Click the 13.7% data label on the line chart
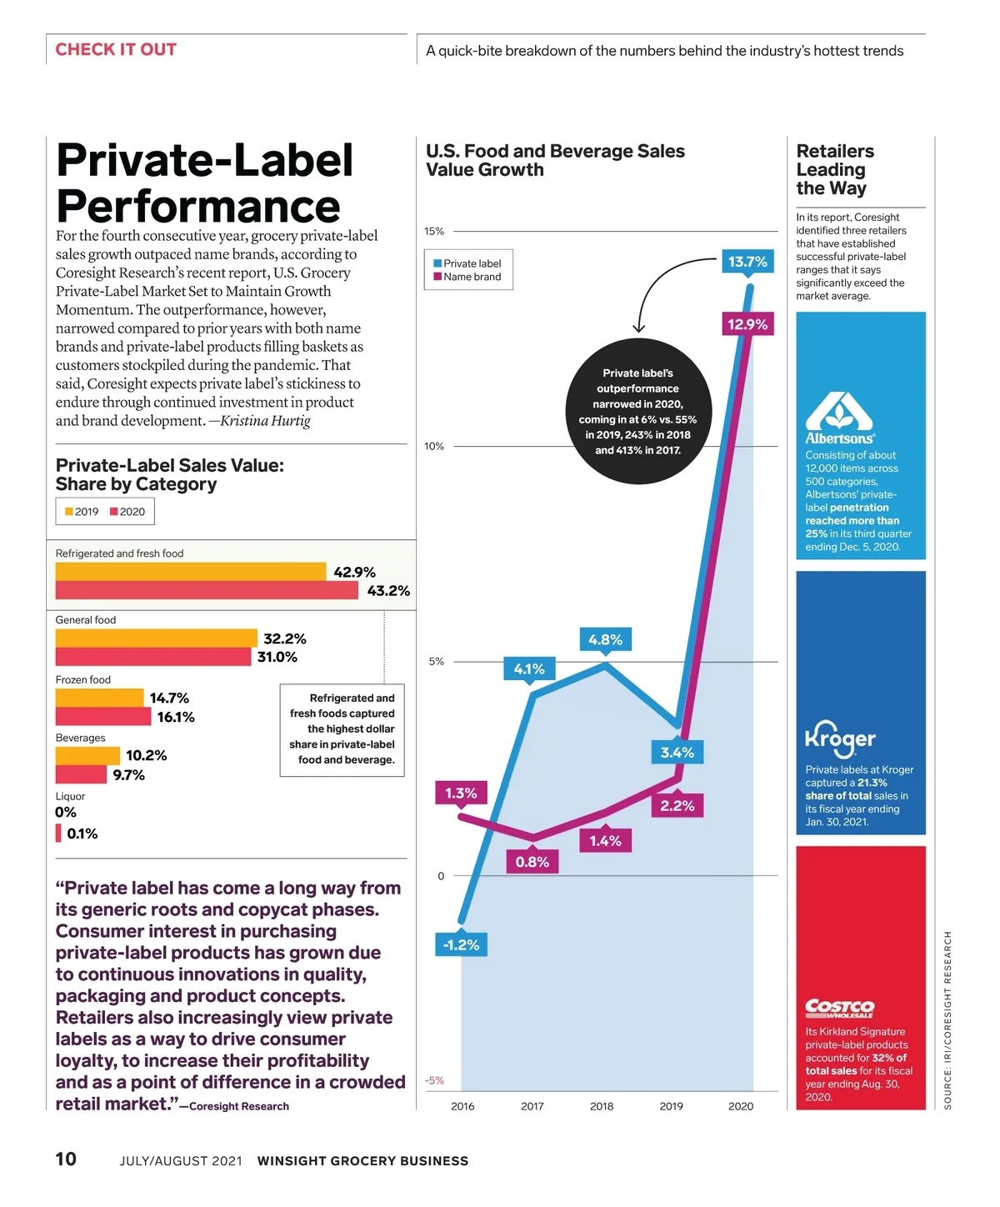tap(747, 262)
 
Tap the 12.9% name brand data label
tap(747, 324)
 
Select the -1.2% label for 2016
tap(461, 944)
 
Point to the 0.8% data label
tap(532, 862)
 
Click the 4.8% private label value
tap(605, 639)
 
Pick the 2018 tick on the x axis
tap(602, 1106)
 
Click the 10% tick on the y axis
tap(434, 446)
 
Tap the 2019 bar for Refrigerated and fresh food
tap(190, 572)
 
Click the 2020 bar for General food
tap(152, 657)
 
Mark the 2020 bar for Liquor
tap(58, 833)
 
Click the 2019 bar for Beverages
tap(87, 756)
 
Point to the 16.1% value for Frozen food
tap(175, 717)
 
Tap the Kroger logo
tap(839, 737)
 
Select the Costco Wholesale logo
tap(839, 1008)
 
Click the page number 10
tap(66, 1159)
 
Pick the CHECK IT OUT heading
tap(116, 49)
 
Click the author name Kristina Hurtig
tap(265, 421)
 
